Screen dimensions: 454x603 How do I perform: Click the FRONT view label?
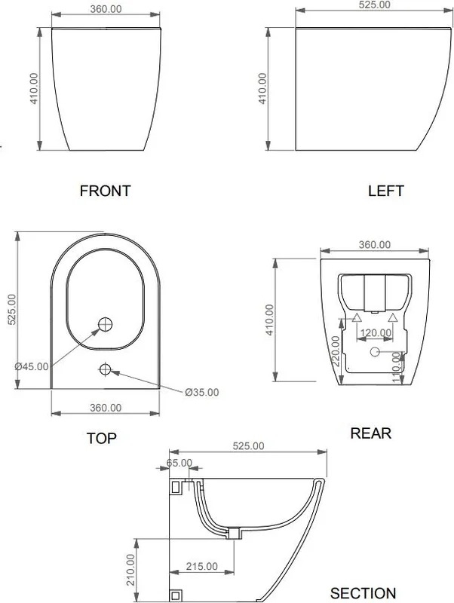(x=105, y=191)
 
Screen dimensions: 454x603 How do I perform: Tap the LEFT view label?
(x=386, y=191)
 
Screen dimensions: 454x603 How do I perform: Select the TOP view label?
(x=101, y=438)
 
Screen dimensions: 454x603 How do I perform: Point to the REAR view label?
(x=370, y=433)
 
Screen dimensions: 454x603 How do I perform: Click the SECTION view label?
(x=363, y=592)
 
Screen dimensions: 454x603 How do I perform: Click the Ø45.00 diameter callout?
(x=32, y=366)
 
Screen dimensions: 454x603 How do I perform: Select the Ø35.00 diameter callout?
(x=201, y=392)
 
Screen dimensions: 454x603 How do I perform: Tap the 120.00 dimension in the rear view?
(x=375, y=332)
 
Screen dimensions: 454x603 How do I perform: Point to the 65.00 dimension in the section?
(x=179, y=463)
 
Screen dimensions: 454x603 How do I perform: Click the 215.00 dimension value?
(x=201, y=566)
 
